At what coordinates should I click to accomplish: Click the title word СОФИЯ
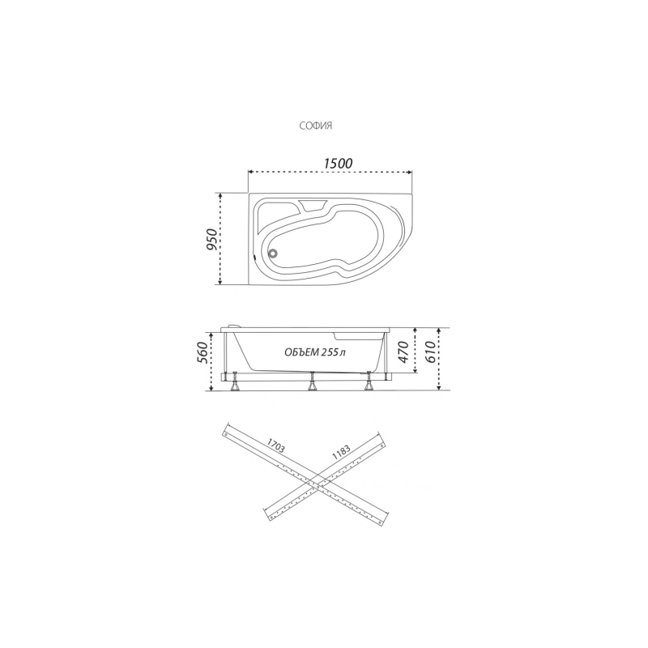[316, 126]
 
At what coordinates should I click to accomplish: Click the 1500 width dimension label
[338, 164]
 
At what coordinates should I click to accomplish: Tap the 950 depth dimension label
[212, 239]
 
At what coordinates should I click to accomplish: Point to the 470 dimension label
[403, 352]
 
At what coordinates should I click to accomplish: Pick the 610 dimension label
[430, 352]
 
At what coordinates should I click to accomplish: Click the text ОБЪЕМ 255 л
[315, 352]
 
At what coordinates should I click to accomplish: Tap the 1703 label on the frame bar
[276, 446]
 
